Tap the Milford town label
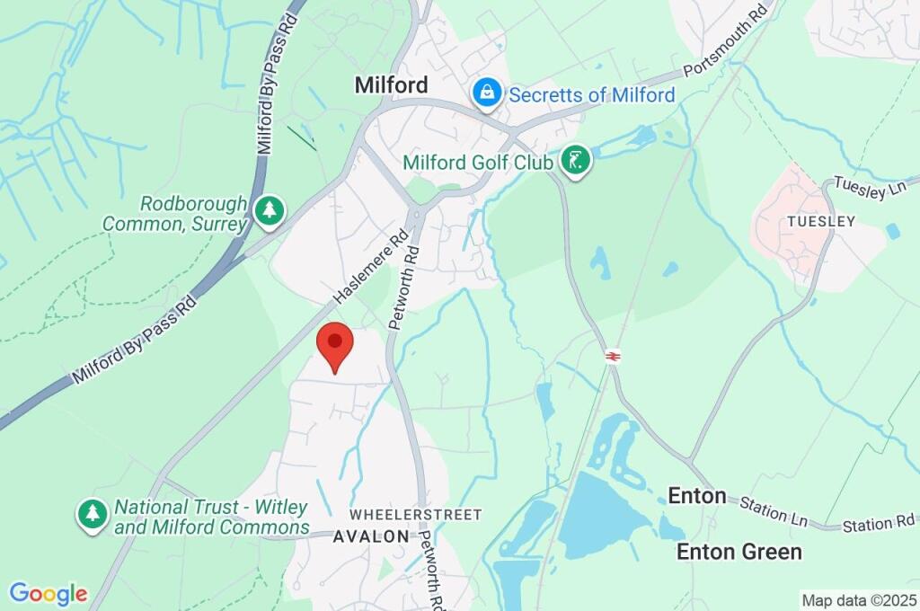391,85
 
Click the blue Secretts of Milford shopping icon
486,93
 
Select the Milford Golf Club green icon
576,163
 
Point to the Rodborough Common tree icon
269,211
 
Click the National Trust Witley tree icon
92,515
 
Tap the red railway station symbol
614,356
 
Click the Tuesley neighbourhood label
821,221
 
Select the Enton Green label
739,552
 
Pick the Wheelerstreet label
415,515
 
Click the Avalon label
371,536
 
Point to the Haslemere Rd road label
370,267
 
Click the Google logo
49,594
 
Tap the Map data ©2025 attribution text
860,599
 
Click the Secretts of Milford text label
592,94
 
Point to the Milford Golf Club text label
480,163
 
